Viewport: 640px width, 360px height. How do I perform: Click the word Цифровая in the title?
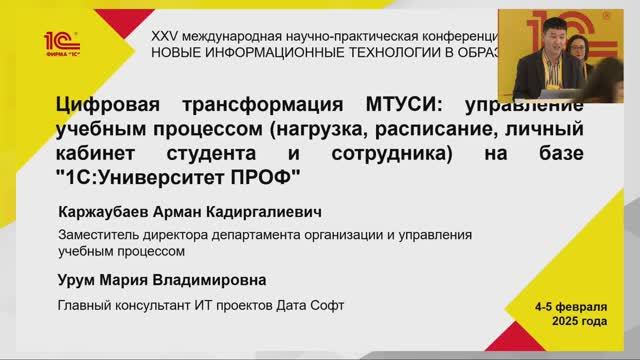[x=113, y=107]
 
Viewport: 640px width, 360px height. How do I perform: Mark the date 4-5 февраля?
[x=570, y=306]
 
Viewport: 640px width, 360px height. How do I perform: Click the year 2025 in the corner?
[x=563, y=322]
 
